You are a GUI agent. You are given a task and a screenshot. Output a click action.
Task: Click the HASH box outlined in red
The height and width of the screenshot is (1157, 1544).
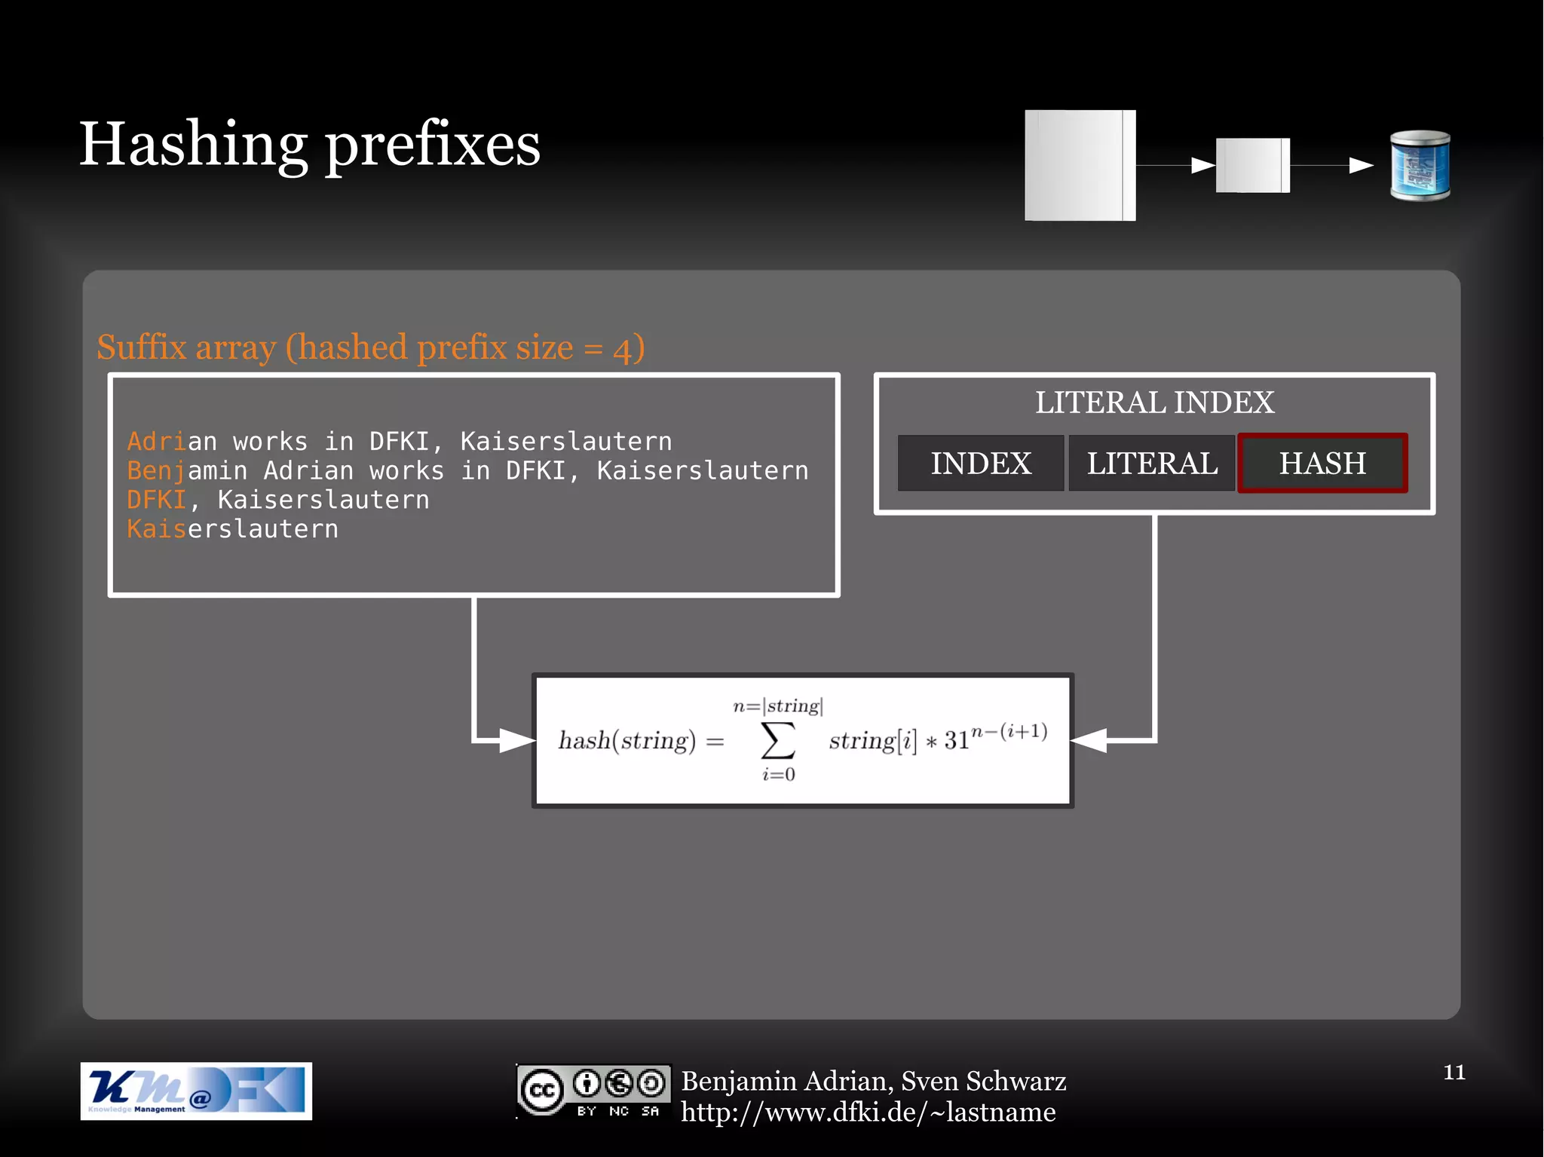[x=1322, y=463]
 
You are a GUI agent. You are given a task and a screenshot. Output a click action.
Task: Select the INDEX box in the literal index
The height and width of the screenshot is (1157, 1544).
[x=980, y=463]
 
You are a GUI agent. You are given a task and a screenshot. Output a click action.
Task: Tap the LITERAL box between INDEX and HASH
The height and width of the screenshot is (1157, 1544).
[x=1151, y=463]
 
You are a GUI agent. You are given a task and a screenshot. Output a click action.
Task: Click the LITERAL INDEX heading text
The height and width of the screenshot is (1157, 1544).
[x=1154, y=403]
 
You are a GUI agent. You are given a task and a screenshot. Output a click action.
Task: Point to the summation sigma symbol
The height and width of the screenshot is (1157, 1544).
[x=778, y=740]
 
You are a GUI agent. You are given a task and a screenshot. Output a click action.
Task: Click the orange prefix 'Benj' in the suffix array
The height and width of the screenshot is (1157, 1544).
[x=156, y=470]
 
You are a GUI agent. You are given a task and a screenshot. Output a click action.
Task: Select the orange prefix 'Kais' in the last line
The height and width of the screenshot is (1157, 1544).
[x=156, y=529]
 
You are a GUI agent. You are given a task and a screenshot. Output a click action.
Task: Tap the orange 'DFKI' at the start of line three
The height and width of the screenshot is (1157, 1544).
[x=156, y=500]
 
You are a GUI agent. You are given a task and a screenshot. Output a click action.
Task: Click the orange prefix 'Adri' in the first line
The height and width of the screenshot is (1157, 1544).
[x=156, y=441]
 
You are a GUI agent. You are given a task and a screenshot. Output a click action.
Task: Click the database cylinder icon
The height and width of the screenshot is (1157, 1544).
[x=1420, y=166]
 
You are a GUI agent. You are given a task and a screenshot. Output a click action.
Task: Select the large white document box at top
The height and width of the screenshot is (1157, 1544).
[x=1080, y=165]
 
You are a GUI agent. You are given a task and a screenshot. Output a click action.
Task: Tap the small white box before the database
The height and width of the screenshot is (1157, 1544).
[x=1252, y=165]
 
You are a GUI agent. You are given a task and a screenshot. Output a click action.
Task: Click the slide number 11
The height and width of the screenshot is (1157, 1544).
[x=1454, y=1072]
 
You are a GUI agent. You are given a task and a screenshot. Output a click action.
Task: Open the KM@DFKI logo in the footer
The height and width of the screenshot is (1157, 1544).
[x=196, y=1091]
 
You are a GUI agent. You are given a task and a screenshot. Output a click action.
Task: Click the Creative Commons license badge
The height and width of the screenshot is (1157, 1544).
[x=593, y=1091]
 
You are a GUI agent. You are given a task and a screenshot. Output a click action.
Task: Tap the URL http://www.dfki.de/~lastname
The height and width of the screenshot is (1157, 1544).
[x=868, y=1113]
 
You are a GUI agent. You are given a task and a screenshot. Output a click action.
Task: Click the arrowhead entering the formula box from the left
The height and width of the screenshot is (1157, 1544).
[x=517, y=740]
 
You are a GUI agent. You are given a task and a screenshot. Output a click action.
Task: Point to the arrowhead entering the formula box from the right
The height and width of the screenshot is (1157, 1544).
[x=1088, y=740]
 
